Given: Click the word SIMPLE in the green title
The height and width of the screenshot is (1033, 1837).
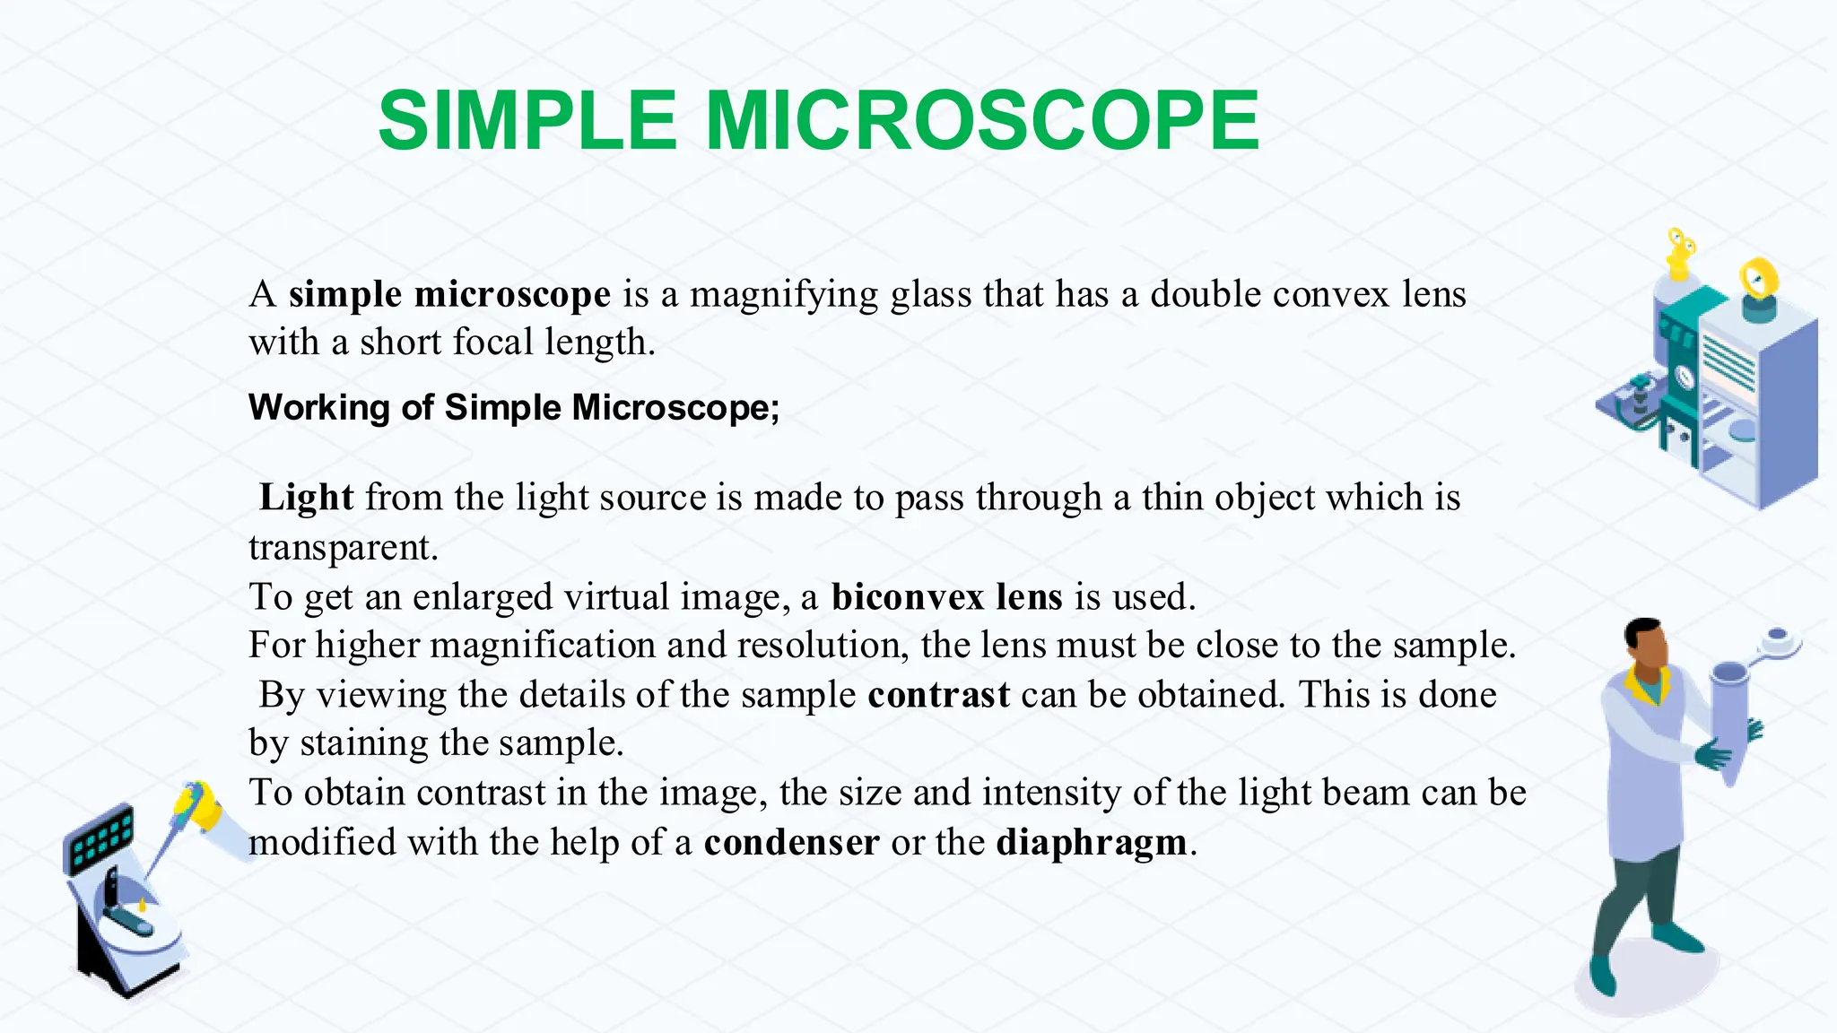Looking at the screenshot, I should coord(527,121).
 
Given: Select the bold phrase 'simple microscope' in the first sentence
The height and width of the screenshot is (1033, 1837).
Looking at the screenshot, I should coord(449,294).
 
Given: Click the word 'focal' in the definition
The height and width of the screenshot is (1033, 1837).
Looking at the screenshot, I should coord(492,343).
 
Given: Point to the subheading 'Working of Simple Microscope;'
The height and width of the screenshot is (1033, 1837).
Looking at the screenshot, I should coord(514,408).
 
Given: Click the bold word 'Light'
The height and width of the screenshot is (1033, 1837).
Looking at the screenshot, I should coord(307,498).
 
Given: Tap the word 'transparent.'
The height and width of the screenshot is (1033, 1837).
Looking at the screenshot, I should coord(344,547).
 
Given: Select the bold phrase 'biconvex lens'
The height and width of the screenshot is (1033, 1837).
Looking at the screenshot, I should coord(947,597).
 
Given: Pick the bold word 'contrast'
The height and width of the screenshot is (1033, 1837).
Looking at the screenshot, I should coord(939,695).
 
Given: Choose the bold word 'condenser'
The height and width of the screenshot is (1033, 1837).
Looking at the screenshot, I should coord(792,843).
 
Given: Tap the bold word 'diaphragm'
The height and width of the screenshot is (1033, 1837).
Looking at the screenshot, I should coord(1092,843).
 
